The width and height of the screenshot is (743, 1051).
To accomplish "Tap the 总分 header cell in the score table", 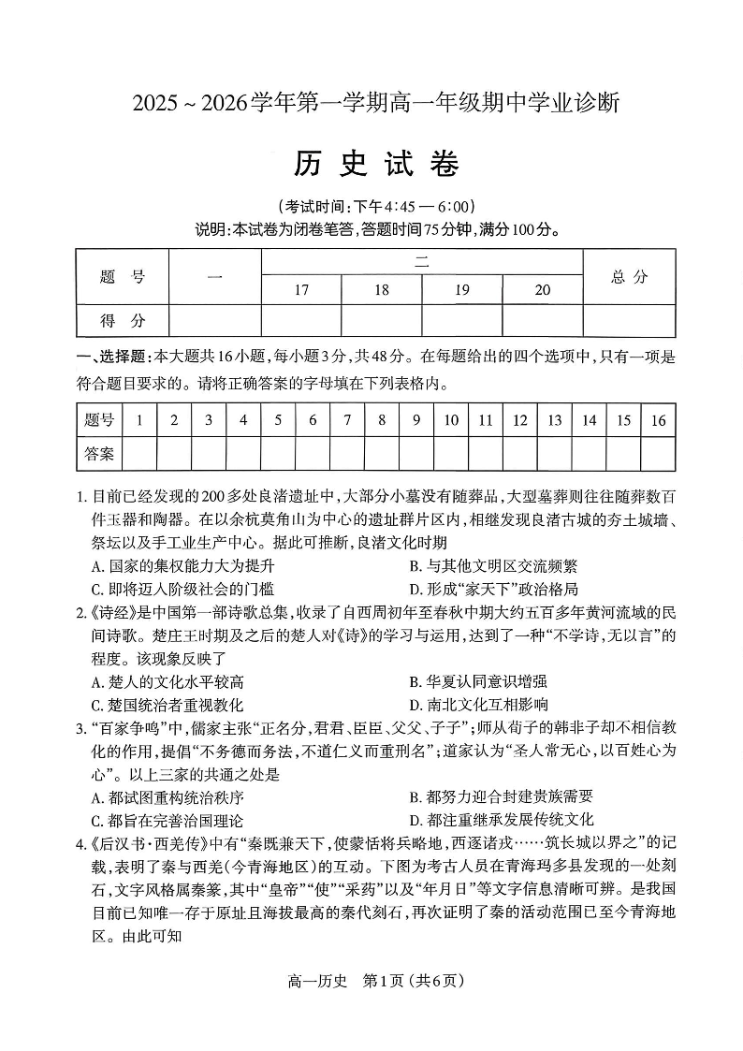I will coord(629,276).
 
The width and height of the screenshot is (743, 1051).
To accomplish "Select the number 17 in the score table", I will coord(301,290).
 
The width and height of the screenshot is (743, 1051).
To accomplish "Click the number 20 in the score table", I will coord(543,290).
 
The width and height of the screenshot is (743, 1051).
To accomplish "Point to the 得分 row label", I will coord(123,320).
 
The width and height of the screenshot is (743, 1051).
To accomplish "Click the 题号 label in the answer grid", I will coord(98,420).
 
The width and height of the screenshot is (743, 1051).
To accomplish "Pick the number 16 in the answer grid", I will coord(658,420).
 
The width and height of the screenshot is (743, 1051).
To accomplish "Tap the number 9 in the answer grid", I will coord(416,420).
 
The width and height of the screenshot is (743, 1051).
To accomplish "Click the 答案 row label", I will coord(98,454).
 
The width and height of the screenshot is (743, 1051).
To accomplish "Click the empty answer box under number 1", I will coord(139,454).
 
